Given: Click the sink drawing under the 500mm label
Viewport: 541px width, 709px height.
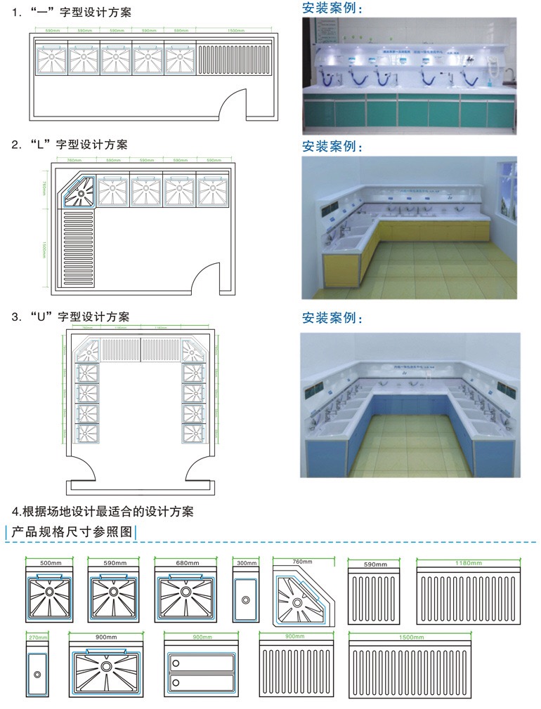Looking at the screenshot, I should [49, 596].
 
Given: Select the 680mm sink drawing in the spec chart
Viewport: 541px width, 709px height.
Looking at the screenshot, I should [186, 596].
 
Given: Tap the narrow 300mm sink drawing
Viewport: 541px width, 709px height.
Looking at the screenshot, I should [247, 596].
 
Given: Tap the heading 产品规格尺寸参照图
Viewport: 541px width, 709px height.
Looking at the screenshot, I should [70, 532].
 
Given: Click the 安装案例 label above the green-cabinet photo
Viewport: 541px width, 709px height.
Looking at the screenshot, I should [333, 8].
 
